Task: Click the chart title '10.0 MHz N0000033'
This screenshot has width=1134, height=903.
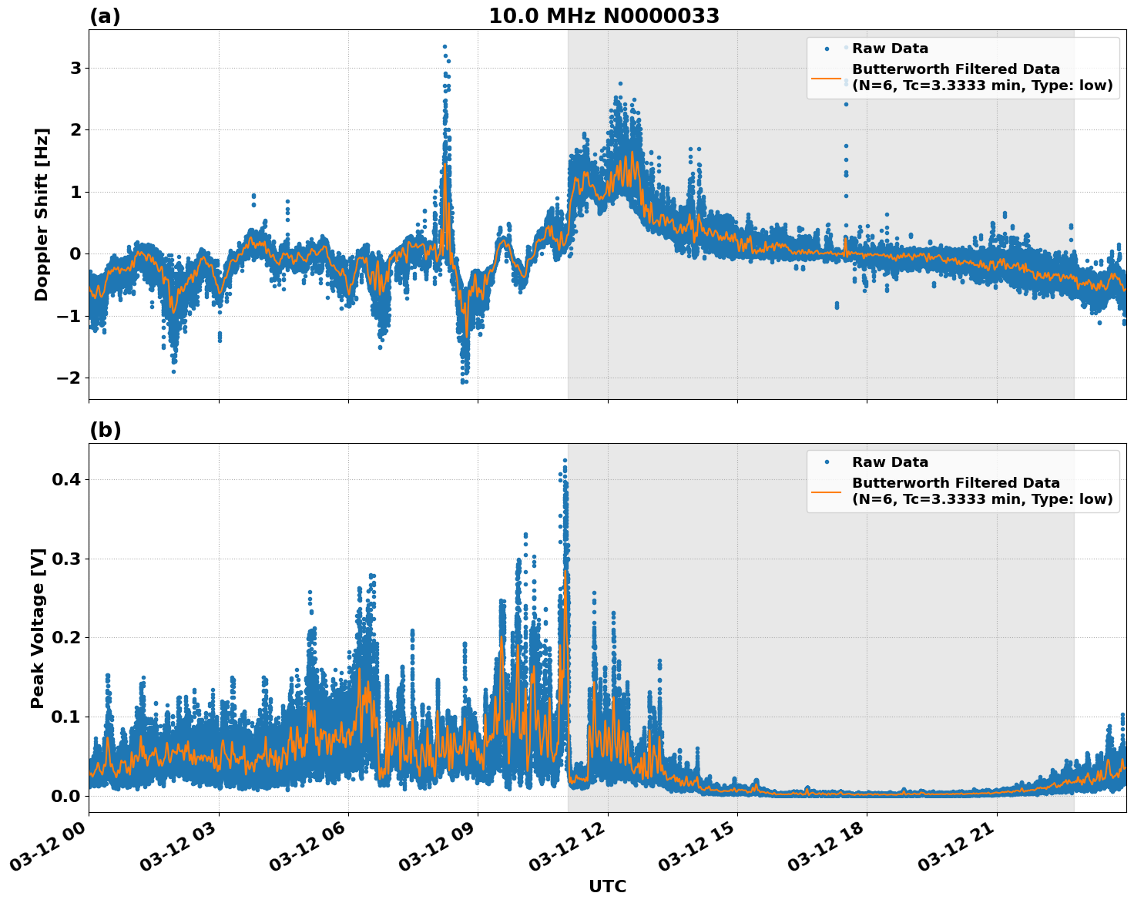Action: (603, 16)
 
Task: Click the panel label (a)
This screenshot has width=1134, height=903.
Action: (105, 16)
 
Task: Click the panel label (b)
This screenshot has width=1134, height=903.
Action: (105, 430)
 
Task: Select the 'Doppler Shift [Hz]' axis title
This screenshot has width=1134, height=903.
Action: (42, 214)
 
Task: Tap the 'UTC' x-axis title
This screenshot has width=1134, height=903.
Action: (607, 886)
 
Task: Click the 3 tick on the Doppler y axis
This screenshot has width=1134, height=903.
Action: (75, 69)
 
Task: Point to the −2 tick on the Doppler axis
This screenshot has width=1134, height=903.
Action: (69, 378)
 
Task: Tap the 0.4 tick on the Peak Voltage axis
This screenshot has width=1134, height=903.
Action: (66, 480)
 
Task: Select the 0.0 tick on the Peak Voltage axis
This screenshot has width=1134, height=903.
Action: (66, 796)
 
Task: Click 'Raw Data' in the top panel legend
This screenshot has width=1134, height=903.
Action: (890, 49)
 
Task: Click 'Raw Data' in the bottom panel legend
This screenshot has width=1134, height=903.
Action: (890, 462)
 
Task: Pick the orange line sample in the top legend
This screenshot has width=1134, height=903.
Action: (826, 78)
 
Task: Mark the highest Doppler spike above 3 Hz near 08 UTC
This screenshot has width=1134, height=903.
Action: (445, 47)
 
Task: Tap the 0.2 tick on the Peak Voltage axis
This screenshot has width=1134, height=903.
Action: (66, 638)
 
